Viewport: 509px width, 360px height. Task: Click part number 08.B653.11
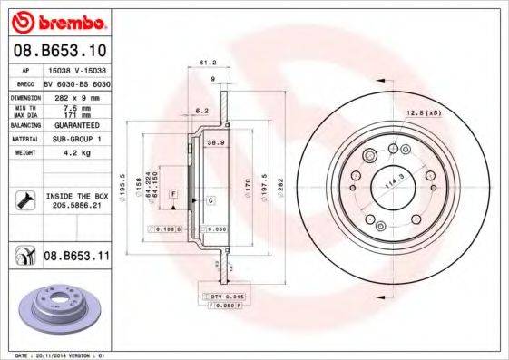point(76,258)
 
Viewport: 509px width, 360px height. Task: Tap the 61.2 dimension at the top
point(205,63)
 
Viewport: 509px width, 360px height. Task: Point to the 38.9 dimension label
point(216,143)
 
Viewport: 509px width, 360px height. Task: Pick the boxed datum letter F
point(172,196)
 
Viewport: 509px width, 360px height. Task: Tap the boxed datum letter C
point(210,199)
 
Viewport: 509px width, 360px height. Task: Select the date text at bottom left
point(57,355)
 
